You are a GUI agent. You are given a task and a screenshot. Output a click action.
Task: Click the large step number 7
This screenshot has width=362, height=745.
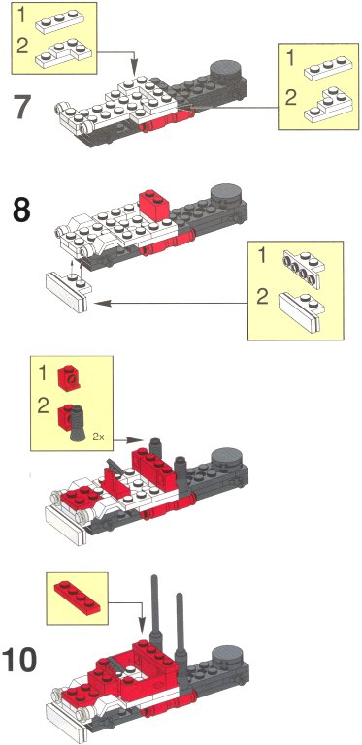tap(22, 109)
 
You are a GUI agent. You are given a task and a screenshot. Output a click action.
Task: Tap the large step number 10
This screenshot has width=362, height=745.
tap(19, 660)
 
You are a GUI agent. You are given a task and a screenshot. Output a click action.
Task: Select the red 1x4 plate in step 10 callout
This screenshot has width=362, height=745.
tap(78, 597)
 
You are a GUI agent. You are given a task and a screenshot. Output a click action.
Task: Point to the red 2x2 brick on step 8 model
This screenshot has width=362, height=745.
tap(154, 203)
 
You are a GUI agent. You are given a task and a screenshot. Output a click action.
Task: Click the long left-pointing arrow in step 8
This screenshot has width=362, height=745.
tap(171, 303)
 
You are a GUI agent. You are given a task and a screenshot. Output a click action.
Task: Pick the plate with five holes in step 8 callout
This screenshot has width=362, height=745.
tap(303, 270)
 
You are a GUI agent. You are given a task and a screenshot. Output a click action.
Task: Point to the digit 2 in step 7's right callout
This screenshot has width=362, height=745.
tap(291, 99)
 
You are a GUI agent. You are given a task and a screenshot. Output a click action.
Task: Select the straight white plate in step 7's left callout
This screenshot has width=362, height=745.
tap(58, 20)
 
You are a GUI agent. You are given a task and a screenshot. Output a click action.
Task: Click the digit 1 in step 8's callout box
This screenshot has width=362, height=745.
tap(261, 258)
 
